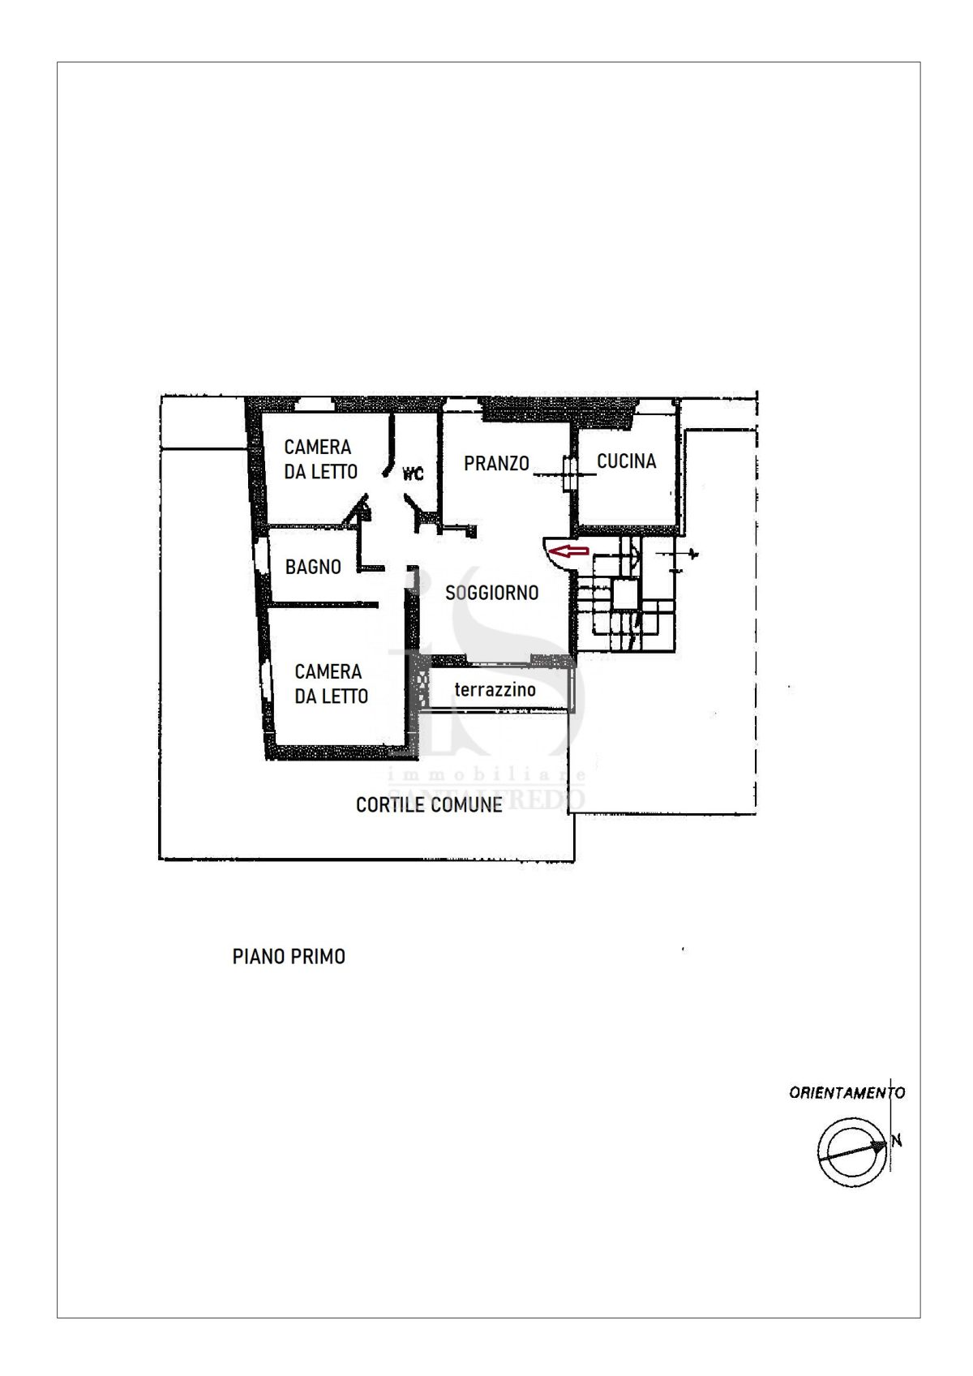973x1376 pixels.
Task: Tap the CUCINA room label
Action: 626,461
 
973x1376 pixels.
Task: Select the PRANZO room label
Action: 496,463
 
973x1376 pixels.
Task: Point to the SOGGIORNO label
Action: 492,593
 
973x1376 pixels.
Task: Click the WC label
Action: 413,474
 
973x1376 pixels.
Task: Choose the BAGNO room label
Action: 313,566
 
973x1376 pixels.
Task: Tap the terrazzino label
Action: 495,690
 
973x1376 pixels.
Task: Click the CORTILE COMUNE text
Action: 429,804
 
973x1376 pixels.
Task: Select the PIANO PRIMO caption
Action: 289,957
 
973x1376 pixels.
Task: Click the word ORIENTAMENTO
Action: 847,1092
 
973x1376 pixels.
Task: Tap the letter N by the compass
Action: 897,1142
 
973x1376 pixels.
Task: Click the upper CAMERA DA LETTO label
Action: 320,459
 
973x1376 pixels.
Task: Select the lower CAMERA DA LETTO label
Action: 331,684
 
